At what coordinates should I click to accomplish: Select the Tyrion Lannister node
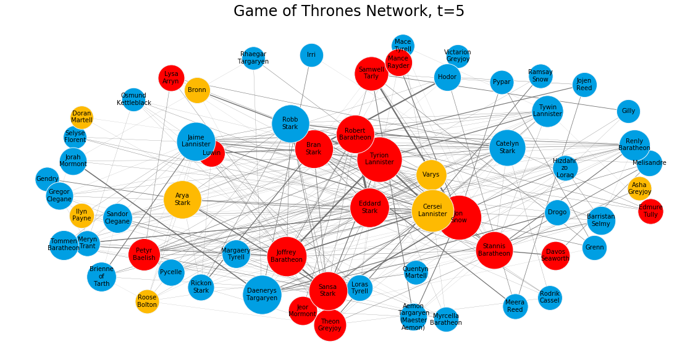point(379,159)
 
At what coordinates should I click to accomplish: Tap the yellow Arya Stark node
point(182,199)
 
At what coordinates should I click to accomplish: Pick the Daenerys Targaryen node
point(262,295)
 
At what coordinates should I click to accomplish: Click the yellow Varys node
point(431,175)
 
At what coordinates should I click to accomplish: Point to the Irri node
point(311,55)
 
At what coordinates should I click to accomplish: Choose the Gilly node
point(628,111)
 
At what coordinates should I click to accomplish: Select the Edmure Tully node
point(650,211)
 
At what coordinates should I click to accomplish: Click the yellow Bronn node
point(197,90)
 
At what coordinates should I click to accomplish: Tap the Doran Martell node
point(82,117)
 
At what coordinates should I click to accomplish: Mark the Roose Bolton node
point(147,301)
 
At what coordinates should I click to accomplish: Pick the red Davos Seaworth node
point(555,256)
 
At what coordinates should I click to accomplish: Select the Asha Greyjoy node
point(639,188)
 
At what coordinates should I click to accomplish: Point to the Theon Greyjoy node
point(330,325)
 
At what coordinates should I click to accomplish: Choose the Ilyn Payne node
point(82,215)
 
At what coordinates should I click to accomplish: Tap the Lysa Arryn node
point(171,78)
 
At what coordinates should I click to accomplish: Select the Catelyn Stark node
point(507,147)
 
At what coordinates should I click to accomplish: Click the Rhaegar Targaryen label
point(253,58)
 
